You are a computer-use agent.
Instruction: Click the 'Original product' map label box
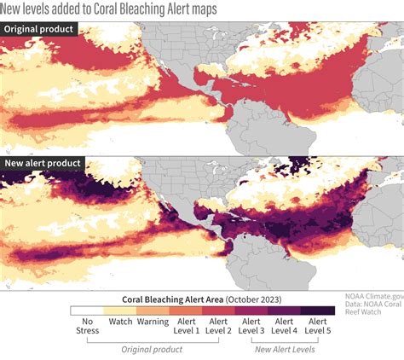40,29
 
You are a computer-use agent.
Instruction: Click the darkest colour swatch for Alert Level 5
317,311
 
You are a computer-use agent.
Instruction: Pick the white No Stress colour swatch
86,311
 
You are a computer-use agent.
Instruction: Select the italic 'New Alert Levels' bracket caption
285,350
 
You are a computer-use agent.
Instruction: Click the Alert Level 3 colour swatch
251,311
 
